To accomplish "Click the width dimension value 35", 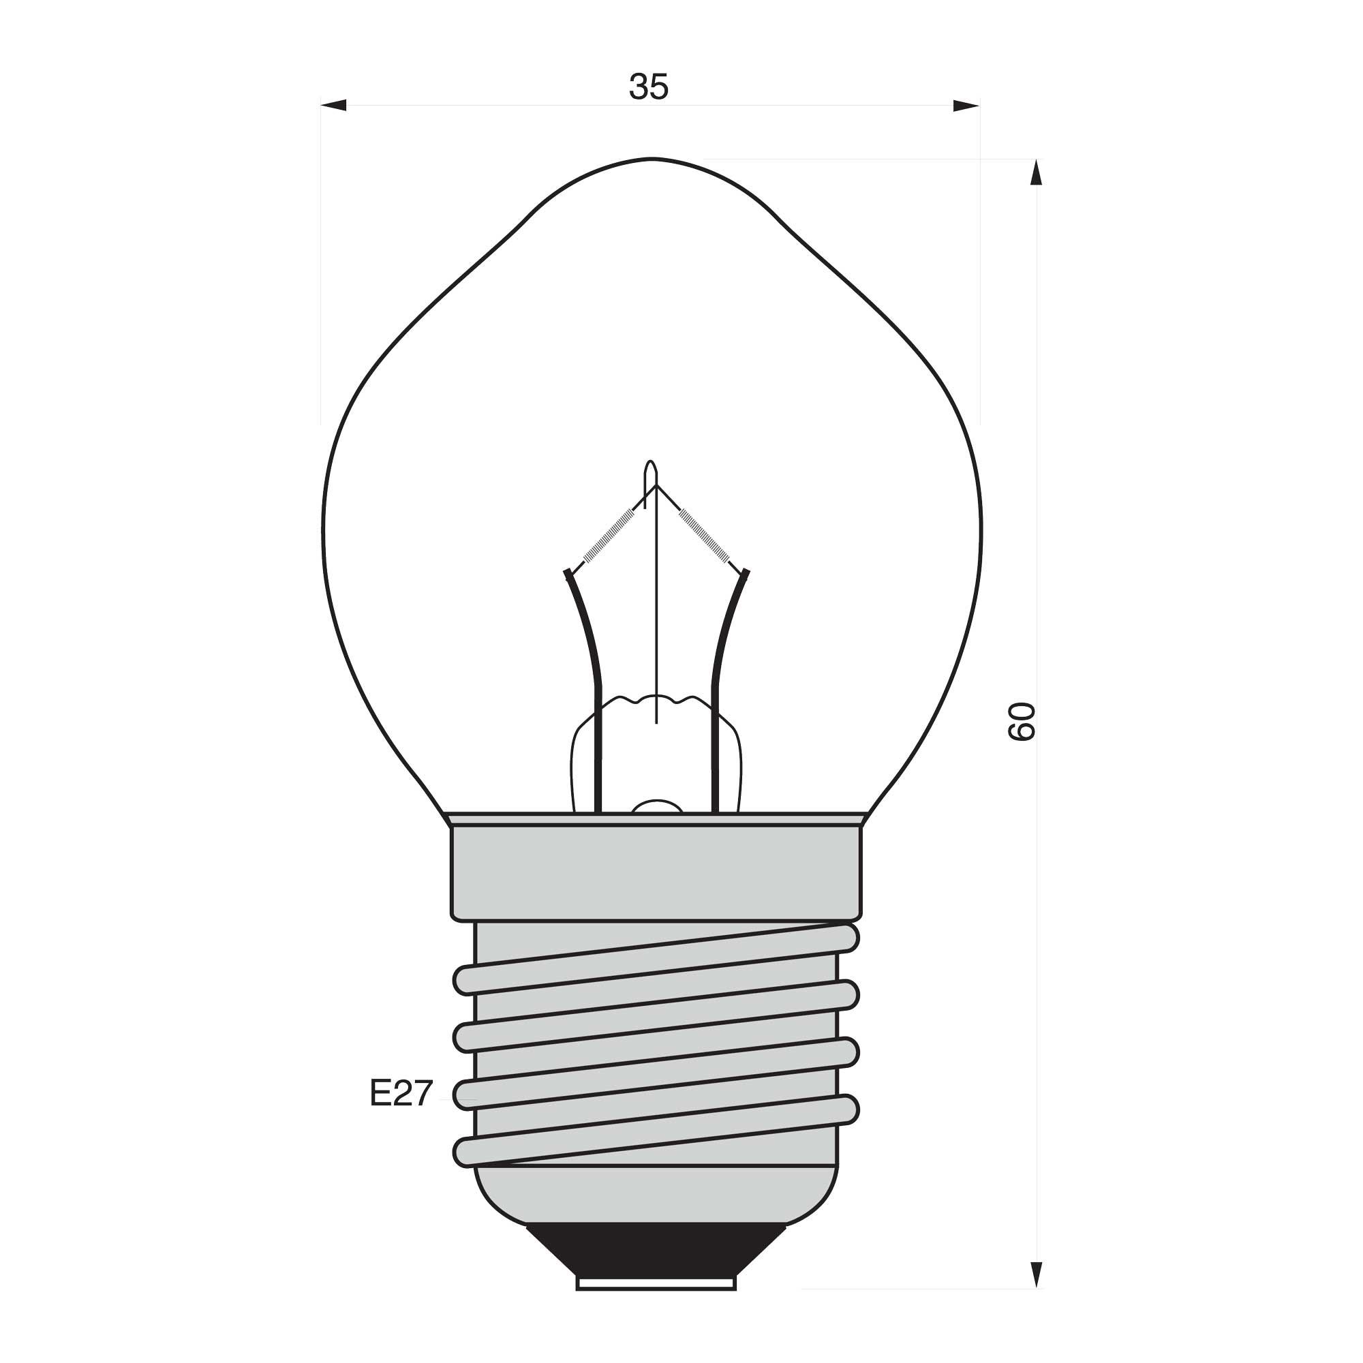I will tap(648, 87).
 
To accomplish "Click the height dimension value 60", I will tap(1021, 721).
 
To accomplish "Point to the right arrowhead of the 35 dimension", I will tap(966, 106).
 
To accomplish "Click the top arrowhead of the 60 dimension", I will tap(1036, 172).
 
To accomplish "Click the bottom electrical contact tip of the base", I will tap(656, 1278).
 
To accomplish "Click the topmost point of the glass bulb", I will tap(652, 158).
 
